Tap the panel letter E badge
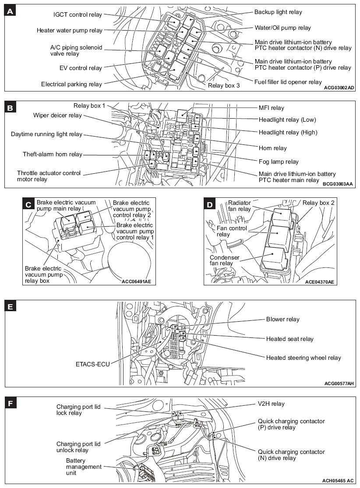point(11,306)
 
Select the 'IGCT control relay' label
point(78,14)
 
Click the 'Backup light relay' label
point(278,12)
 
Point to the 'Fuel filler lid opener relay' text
point(288,82)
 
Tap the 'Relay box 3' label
point(223,86)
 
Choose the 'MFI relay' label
point(271,108)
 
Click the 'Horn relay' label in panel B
point(272,148)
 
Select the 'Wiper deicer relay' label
point(57,116)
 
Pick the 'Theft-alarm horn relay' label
point(53,154)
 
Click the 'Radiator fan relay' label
point(239,206)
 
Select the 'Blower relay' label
point(283,319)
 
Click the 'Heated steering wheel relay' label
point(303,358)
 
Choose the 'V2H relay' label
point(272,404)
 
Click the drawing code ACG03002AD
point(339,88)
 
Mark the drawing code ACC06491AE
point(136,281)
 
